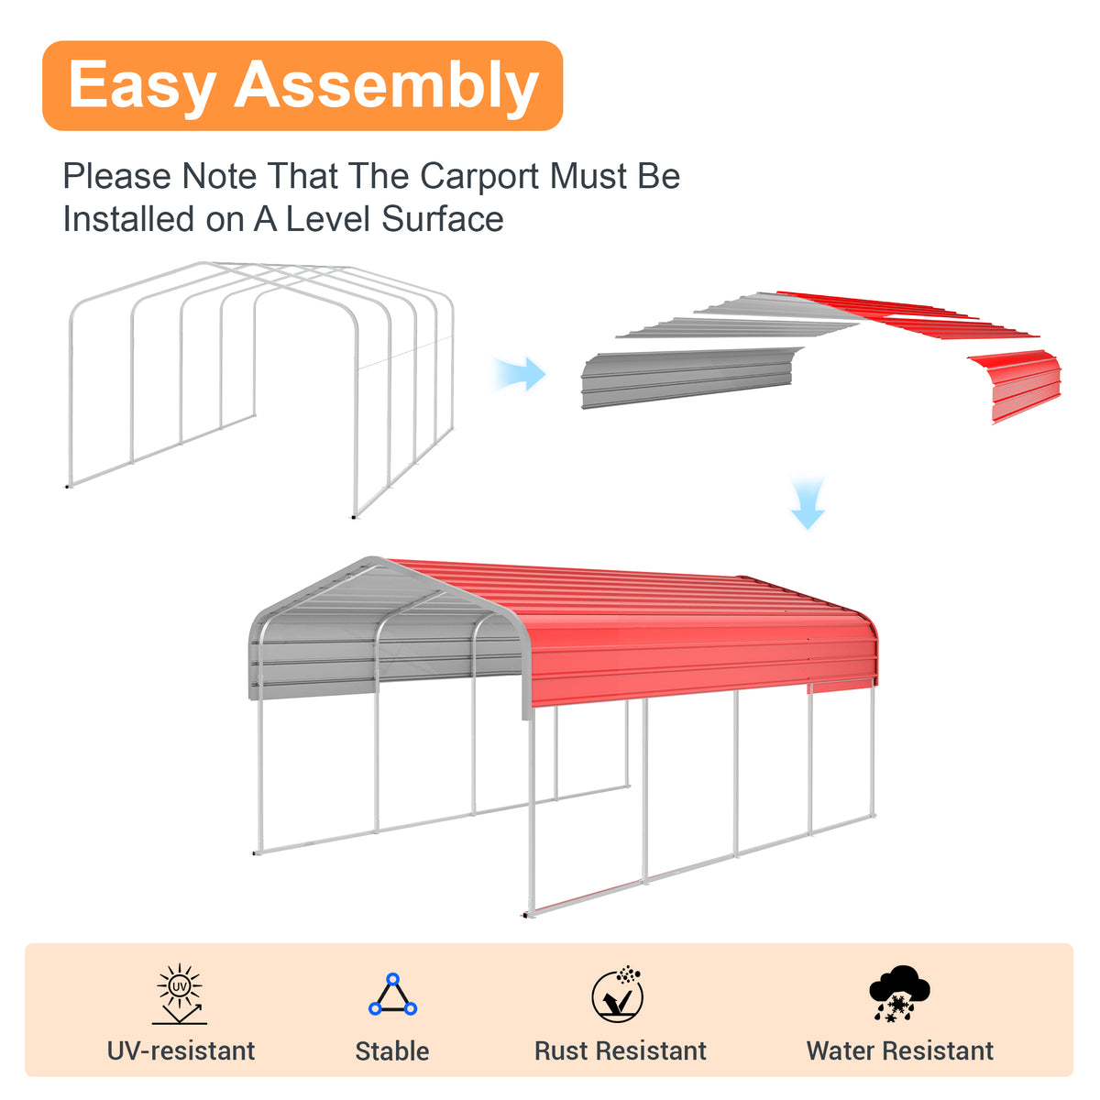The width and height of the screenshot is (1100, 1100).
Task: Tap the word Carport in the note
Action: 478,176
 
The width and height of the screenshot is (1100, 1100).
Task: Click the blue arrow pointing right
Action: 520,374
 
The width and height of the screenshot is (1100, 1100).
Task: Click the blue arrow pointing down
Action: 808,503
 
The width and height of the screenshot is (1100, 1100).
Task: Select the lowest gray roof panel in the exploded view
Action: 687,377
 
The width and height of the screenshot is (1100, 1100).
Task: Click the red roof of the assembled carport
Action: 674,633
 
